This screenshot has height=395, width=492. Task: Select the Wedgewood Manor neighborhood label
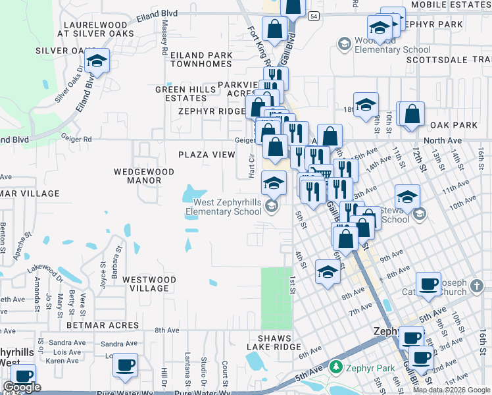pyautogui.click(x=143, y=176)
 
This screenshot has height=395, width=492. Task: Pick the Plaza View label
pyautogui.click(x=207, y=155)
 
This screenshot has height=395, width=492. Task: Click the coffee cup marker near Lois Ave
pyautogui.click(x=125, y=365)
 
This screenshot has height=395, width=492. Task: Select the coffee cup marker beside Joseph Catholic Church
pyautogui.click(x=428, y=284)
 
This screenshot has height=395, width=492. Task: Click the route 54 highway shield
pyautogui.click(x=316, y=16)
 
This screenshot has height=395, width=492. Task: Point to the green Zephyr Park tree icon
pyautogui.click(x=336, y=365)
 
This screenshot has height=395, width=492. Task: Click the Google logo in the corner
pyautogui.click(x=21, y=387)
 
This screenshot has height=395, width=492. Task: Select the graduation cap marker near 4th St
pyautogui.click(x=328, y=271)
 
